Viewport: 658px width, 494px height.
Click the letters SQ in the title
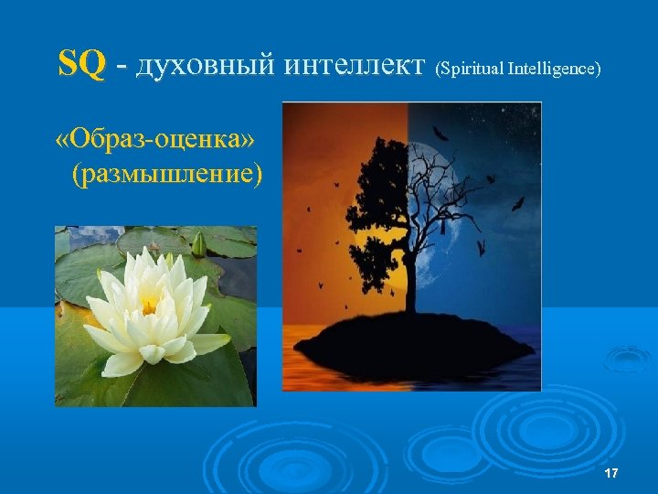coord(81,65)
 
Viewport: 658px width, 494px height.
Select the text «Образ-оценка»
coord(155,139)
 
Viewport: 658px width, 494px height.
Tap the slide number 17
coord(611,472)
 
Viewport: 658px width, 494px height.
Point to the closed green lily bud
coord(198,243)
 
